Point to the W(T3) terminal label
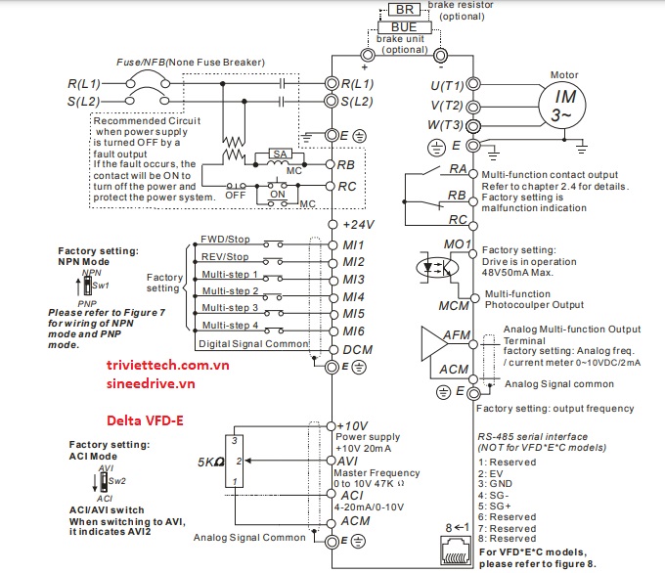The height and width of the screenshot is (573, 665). point(446,125)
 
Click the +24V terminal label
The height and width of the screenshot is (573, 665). point(359,223)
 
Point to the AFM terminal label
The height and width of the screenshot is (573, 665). point(457,334)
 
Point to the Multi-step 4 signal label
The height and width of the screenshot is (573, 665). point(229,325)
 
